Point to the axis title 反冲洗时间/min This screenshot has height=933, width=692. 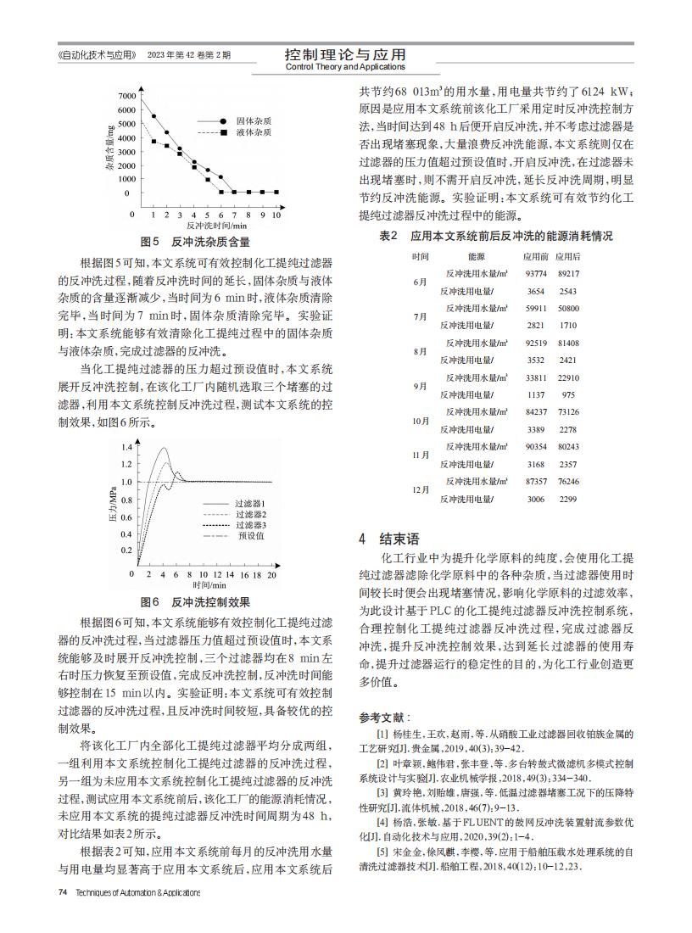(x=216, y=226)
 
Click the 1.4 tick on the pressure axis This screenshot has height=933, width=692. (x=126, y=446)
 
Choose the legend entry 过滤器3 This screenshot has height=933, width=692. (x=251, y=525)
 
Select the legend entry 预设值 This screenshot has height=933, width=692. (x=251, y=536)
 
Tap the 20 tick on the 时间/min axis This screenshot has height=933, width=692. (x=271, y=575)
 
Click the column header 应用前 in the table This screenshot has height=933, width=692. (x=535, y=256)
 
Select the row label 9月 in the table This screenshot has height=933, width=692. (x=420, y=386)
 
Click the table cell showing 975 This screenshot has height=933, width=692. (x=568, y=394)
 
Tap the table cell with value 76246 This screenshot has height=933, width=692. (x=568, y=481)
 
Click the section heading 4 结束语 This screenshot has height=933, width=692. (x=388, y=539)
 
